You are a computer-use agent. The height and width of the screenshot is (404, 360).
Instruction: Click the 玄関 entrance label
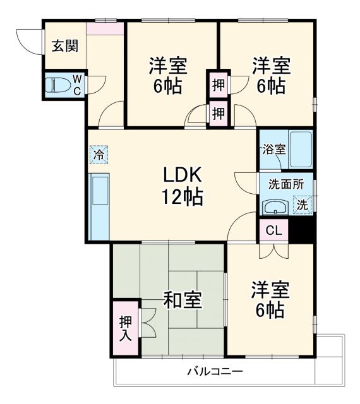tap(64, 46)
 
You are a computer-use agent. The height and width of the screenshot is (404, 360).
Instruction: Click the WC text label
tap(76, 85)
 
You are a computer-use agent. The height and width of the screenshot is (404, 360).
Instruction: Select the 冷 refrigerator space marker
tap(99, 153)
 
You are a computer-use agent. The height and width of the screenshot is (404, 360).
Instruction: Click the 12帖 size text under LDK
tap(183, 197)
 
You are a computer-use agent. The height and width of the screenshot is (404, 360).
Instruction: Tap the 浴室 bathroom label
tap(274, 150)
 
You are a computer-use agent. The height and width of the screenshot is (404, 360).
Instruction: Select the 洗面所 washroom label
tap(285, 186)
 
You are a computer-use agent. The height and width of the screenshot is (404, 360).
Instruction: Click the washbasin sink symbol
tap(275, 206)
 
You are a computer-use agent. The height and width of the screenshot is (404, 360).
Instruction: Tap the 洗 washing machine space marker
tap(304, 205)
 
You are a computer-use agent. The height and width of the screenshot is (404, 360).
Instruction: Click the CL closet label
tap(273, 230)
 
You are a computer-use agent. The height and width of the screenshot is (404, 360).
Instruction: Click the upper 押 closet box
tap(218, 84)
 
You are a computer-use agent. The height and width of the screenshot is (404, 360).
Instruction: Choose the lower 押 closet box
tap(218, 113)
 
